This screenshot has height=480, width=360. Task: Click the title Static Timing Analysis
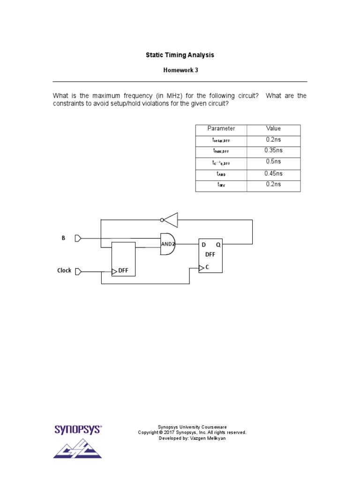tap(180, 55)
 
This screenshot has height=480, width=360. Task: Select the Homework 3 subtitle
tap(180, 70)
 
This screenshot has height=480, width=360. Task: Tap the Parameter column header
tap(221, 128)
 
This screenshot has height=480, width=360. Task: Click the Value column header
tap(273, 128)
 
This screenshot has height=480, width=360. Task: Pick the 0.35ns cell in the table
tap(273, 150)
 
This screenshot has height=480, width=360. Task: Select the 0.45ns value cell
tap(273, 173)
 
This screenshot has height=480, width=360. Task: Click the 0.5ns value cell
tap(273, 162)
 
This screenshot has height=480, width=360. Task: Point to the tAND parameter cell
tap(221, 174)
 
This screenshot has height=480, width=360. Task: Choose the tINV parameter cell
tap(221, 185)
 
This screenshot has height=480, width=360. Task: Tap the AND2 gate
tap(167, 244)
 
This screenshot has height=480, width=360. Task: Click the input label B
tap(63, 238)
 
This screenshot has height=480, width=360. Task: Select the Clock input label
tap(64, 270)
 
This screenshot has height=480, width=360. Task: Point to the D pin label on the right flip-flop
tap(203, 245)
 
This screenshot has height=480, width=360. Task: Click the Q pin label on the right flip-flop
tap(218, 245)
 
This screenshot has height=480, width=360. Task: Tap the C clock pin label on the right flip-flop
tap(207, 267)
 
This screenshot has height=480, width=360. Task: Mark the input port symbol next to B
tap(78, 238)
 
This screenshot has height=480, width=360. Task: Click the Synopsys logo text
tap(78, 429)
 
